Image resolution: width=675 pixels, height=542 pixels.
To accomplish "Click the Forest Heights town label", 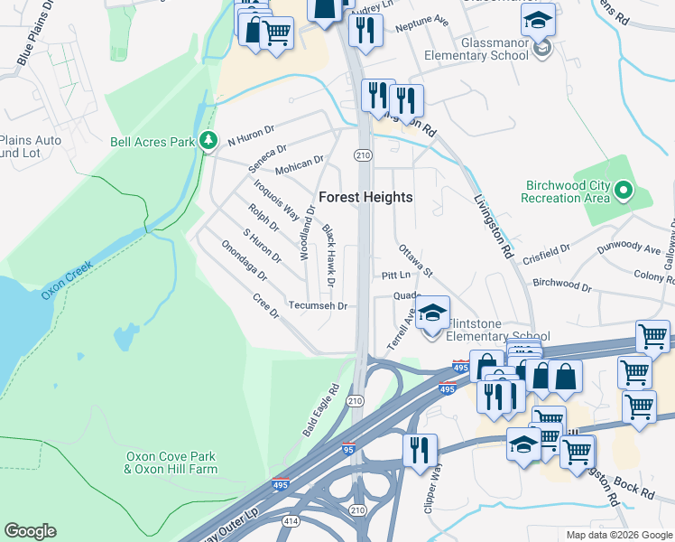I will tap(365, 197).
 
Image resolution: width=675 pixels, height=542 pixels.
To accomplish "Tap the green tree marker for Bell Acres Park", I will tap(209, 141).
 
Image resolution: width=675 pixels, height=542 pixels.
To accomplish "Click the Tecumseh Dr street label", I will tap(318, 306).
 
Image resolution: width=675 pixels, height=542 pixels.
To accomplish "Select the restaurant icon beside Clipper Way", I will tap(420, 449).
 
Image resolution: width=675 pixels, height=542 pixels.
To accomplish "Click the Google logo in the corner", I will tap(30, 531).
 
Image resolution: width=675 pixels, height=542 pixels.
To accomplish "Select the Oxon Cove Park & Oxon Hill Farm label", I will tap(171, 463).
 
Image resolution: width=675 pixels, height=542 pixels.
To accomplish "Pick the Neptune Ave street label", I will tap(422, 19).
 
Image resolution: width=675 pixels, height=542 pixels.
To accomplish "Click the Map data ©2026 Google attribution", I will tap(619, 535).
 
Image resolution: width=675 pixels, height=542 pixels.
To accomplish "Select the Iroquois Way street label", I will tap(276, 199).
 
